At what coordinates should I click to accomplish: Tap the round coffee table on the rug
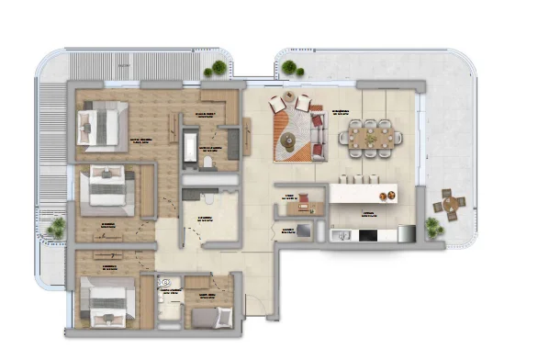288,141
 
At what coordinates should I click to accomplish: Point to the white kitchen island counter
364,193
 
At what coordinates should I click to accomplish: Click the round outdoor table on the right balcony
450,204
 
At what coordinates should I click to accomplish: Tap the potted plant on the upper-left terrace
217,68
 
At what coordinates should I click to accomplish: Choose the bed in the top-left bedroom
100,125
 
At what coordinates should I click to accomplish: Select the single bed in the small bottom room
210,317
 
